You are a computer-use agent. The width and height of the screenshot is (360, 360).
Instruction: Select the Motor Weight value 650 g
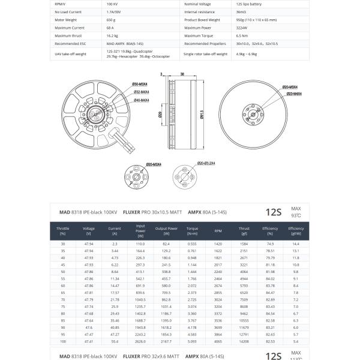111,19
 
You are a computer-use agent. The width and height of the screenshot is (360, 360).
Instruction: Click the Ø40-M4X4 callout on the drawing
142,100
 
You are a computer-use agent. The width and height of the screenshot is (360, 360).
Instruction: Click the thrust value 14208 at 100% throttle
244,341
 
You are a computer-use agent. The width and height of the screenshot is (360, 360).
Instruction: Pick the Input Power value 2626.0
140,341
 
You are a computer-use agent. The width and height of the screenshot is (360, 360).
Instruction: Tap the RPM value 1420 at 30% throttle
218,244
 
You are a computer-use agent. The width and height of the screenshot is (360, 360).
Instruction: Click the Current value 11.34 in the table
115,278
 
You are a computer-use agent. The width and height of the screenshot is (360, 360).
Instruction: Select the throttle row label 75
63,307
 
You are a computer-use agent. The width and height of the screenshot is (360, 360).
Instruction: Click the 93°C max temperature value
296,215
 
